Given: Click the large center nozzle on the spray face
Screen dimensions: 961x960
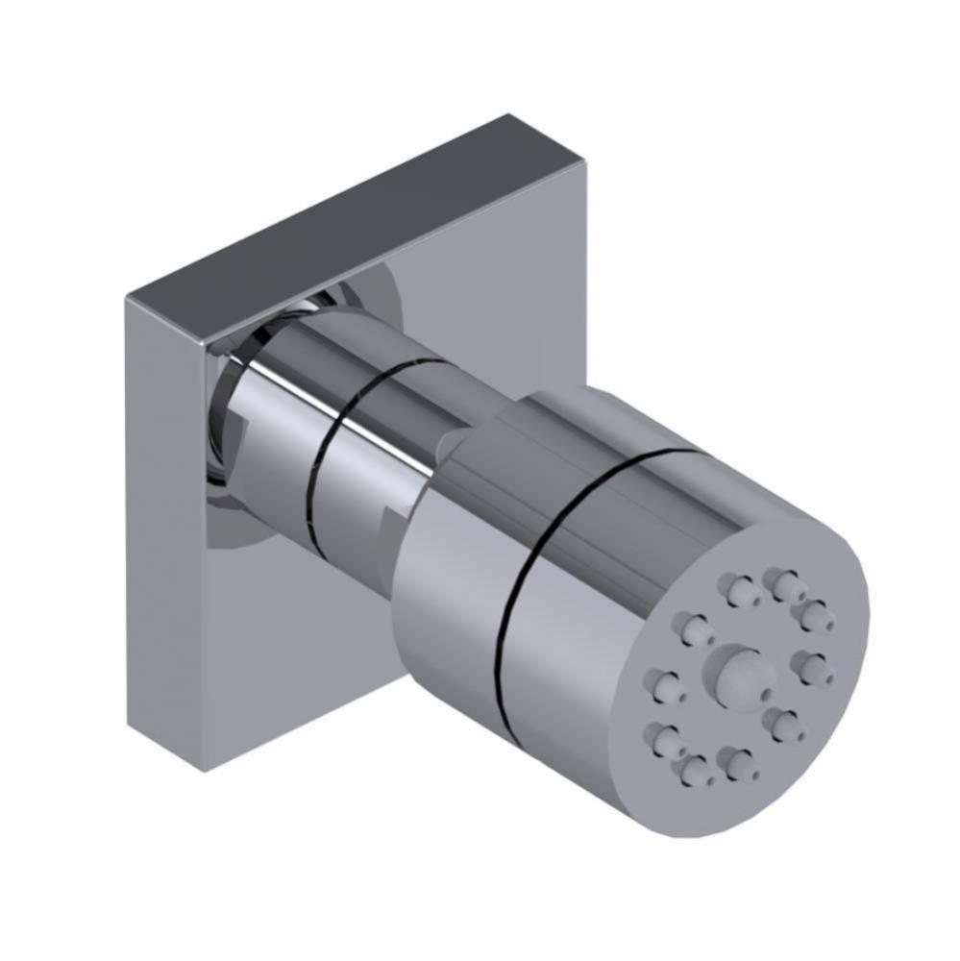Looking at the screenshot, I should pos(732,670).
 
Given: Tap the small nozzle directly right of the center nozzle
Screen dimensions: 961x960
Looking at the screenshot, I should pos(813,666).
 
